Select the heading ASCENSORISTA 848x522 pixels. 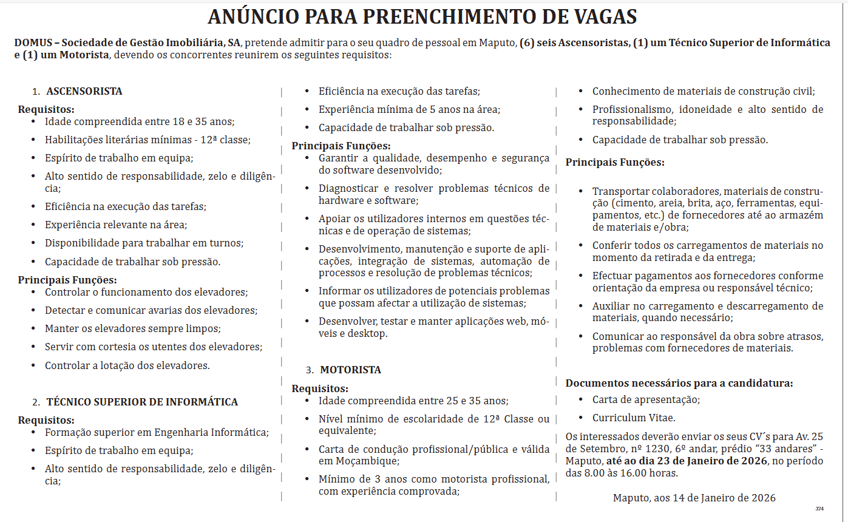pyautogui.click(x=84, y=91)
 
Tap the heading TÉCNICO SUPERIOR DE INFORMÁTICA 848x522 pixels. pyautogui.click(x=142, y=402)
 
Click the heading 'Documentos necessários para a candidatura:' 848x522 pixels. pyautogui.click(x=679, y=383)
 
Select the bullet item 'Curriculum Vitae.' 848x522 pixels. pyautogui.click(x=634, y=418)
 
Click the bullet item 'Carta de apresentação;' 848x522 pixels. pyautogui.click(x=646, y=399)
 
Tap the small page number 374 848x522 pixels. pyautogui.click(x=819, y=509)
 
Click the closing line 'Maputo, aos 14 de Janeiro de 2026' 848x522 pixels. pyautogui.click(x=694, y=498)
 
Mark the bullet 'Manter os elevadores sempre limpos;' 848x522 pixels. pyautogui.click(x=132, y=328)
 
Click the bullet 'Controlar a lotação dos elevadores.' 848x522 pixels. pyautogui.click(x=127, y=365)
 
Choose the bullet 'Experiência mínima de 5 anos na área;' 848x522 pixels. pyautogui.click(x=409, y=109)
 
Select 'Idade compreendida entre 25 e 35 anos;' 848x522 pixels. pyautogui.click(x=413, y=401)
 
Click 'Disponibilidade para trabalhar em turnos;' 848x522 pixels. pyautogui.click(x=144, y=243)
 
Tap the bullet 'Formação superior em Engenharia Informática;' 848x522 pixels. pyautogui.click(x=157, y=432)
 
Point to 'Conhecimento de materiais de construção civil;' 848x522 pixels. pyautogui.click(x=704, y=91)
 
